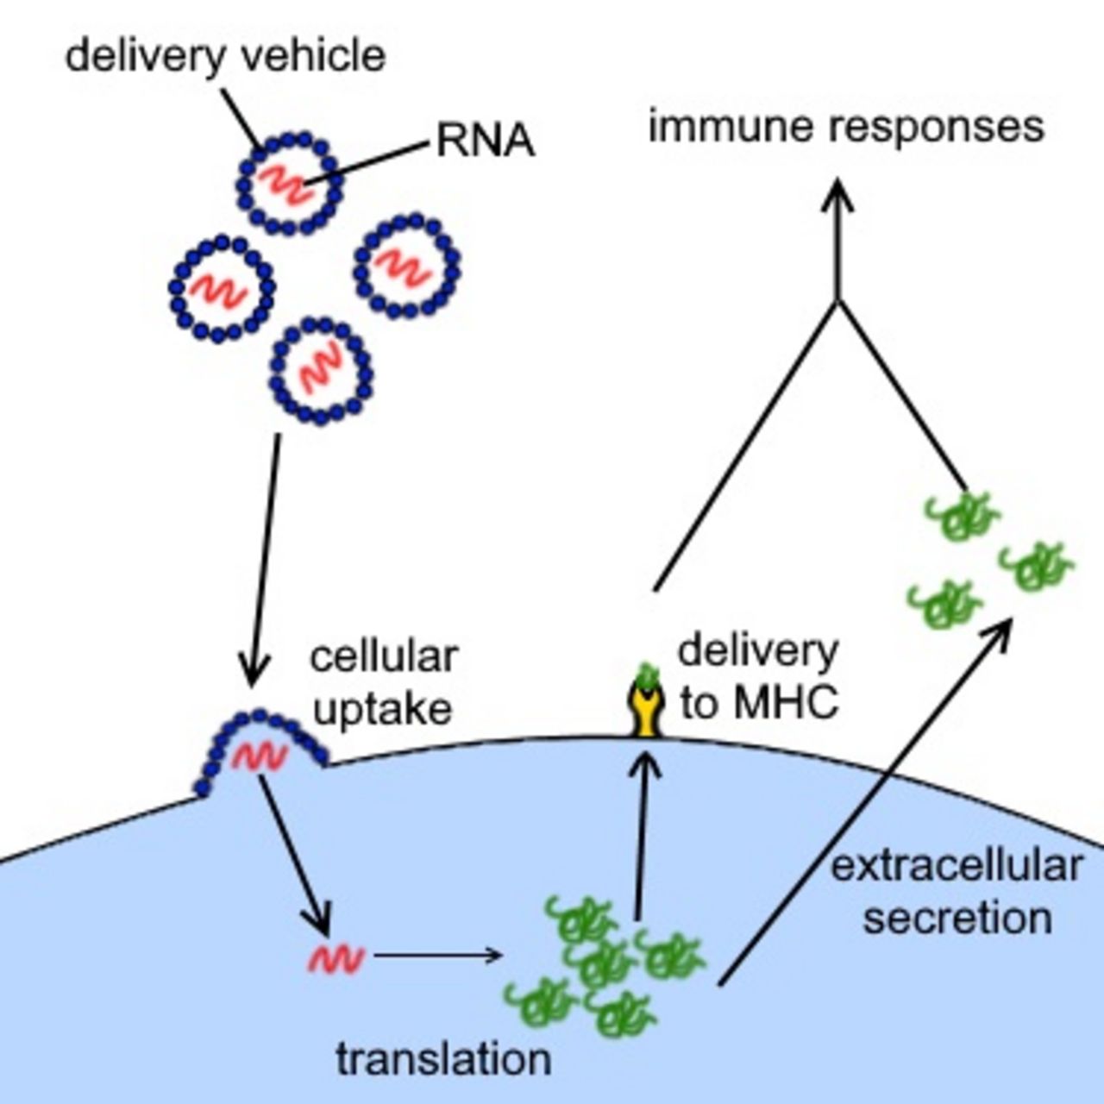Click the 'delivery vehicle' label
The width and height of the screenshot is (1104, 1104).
pos(225,57)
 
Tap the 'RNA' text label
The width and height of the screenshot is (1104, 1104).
pos(486,141)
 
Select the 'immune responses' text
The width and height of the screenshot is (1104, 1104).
pos(846,127)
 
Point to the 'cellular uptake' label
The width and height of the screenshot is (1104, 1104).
pos(383,682)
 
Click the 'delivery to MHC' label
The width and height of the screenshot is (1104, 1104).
pos(757,677)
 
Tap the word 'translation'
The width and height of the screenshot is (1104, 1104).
pos(443,1059)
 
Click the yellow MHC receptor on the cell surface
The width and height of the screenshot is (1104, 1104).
pos(646,708)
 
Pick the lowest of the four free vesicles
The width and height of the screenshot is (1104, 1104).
pos(322,371)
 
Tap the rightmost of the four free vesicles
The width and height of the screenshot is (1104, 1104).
pos(406,266)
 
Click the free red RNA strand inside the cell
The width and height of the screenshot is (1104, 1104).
pos(336,957)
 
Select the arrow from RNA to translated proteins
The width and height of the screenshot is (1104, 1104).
pos(437,955)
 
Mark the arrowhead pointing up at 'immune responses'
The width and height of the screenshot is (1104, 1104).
pos(837,194)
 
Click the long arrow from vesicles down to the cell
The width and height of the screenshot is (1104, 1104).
pos(264,561)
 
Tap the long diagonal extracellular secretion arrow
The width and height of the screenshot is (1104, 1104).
pos(862,802)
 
